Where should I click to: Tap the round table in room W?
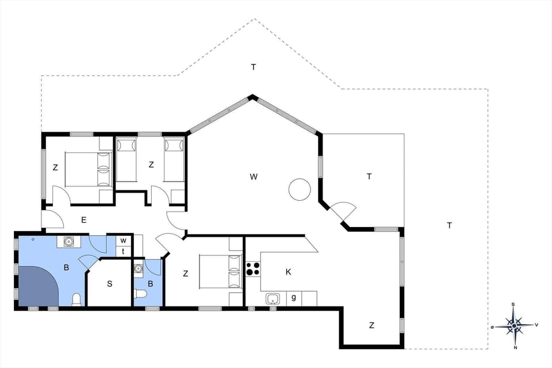pyautogui.click(x=300, y=189)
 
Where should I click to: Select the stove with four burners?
pyautogui.click(x=253, y=268)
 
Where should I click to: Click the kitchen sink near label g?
pyautogui.click(x=273, y=298)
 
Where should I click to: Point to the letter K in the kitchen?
pyautogui.click(x=288, y=272)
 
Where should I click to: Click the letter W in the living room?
pyautogui.click(x=253, y=177)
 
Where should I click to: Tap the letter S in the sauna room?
pyautogui.click(x=109, y=283)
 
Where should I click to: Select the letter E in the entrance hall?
pyautogui.click(x=83, y=219)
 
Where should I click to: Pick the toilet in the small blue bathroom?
pyautogui.click(x=139, y=294)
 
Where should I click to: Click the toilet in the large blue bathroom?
pyautogui.click(x=76, y=298)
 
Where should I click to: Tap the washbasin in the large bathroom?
pyautogui.click(x=68, y=241)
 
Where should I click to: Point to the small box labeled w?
pyautogui.click(x=123, y=240)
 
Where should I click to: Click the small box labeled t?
pyautogui.click(x=123, y=251)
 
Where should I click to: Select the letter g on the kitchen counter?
pyautogui.click(x=293, y=297)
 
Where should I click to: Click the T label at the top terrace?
pyautogui.click(x=253, y=67)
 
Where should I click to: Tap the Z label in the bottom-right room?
pyautogui.click(x=371, y=325)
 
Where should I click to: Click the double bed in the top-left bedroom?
pyautogui.click(x=87, y=169)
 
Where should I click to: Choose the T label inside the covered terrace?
pyautogui.click(x=369, y=177)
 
